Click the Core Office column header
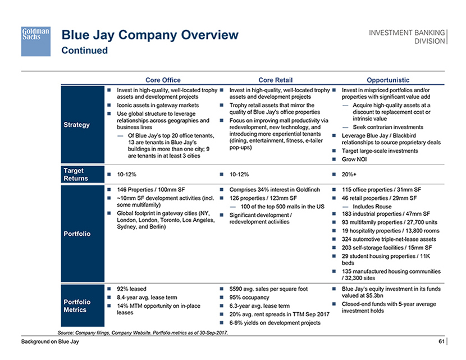coord(163,80)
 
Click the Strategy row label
coord(77,125)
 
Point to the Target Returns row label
coord(77,175)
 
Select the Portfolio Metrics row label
coord(77,306)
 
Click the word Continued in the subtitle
coord(84,51)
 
